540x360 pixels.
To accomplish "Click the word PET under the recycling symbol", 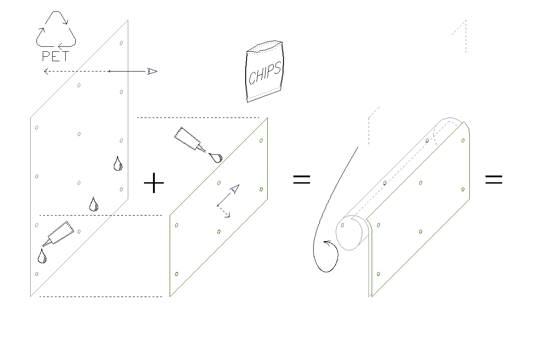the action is click(x=55, y=56).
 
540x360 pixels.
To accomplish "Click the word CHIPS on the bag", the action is click(x=265, y=73).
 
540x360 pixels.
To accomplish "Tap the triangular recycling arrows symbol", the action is click(x=56, y=29).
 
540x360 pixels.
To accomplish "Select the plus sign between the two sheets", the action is click(x=154, y=183).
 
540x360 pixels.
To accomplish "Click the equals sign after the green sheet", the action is click(x=301, y=180).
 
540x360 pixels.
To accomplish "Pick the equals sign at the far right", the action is click(x=494, y=180).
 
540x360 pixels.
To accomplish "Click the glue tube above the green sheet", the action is click(x=190, y=140).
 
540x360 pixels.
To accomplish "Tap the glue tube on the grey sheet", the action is click(x=58, y=234).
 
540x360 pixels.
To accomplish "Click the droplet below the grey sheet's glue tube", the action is click(x=42, y=256).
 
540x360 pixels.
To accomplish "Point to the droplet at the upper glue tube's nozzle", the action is click(x=216, y=157).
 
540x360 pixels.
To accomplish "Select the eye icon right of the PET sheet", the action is click(x=153, y=72).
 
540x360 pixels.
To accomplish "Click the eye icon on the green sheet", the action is click(x=234, y=189).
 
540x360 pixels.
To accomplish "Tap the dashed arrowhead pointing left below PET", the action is click(x=46, y=72).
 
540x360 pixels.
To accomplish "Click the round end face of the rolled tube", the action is click(x=349, y=233).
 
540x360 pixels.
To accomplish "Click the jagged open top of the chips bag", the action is click(x=265, y=46).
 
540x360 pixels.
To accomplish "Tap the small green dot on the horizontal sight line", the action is click(x=109, y=72).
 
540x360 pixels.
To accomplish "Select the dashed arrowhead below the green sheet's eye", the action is click(x=227, y=215).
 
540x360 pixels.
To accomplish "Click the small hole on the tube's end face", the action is click(x=342, y=225).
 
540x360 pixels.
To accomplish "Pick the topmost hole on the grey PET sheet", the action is click(x=121, y=43).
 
